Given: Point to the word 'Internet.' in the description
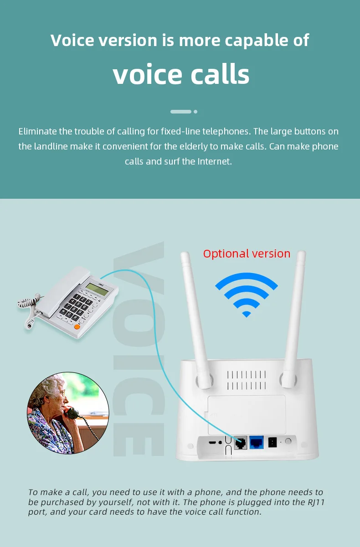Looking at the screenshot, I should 215,161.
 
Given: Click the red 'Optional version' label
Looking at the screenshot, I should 247,254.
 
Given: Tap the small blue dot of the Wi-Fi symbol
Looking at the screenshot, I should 247,314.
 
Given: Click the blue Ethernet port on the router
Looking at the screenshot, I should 256,442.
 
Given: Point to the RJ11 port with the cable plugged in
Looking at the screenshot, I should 240,442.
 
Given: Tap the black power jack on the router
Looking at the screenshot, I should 273,442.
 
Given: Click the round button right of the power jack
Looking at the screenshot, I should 288,441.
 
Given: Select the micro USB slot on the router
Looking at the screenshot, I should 212,442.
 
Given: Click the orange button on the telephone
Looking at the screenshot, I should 77,326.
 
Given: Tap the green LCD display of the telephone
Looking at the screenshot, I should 93,287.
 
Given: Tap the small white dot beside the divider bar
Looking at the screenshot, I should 195,111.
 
